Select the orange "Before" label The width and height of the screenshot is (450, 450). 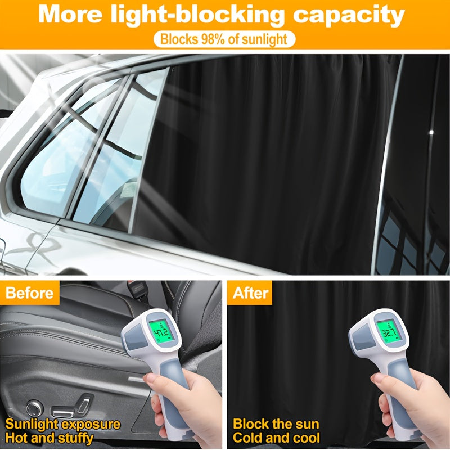pos(29,293)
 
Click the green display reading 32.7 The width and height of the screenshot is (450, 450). pos(388,331)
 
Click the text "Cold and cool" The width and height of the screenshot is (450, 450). pos(277,438)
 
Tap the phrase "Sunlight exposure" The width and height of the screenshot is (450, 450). pos(63,424)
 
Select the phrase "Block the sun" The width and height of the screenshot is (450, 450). pos(276,424)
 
